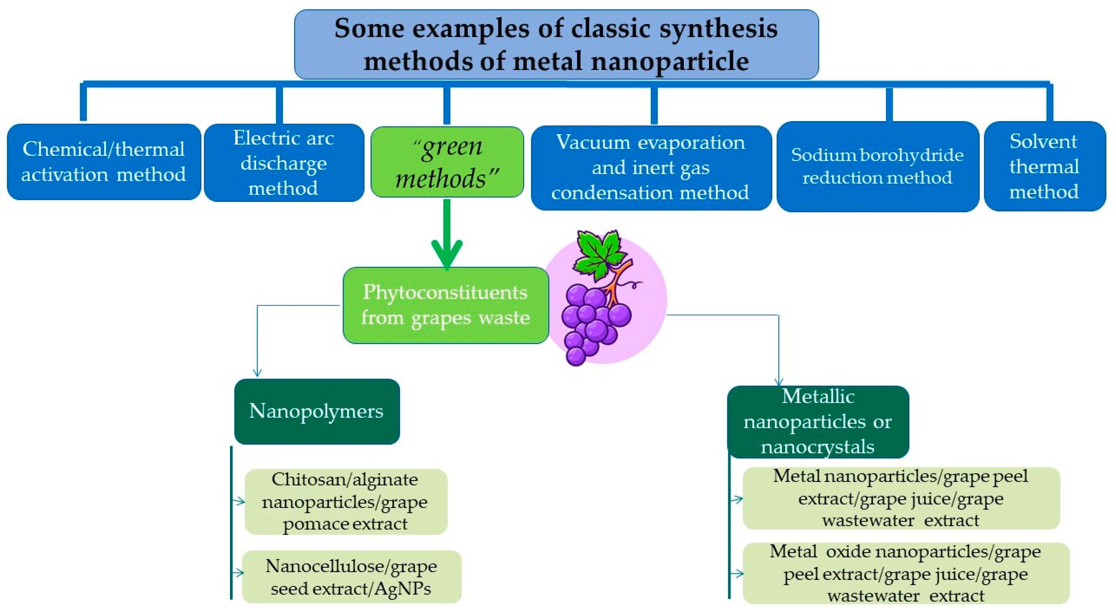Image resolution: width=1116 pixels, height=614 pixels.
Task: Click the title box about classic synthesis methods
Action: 556,44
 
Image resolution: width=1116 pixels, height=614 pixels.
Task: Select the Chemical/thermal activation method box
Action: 104,162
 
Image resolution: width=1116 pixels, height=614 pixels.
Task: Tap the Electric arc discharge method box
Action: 284,163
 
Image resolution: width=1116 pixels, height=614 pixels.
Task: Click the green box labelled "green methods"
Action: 447,162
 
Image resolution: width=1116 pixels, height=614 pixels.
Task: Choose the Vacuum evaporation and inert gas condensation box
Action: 651,168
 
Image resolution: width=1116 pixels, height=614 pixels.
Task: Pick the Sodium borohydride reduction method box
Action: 877,167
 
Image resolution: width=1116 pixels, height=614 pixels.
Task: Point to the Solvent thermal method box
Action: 1045,166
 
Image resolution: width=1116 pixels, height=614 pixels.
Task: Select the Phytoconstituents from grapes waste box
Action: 445,305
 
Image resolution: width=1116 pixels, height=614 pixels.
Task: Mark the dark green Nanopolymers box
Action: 317,411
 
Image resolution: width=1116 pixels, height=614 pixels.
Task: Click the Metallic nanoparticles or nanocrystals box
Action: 817,422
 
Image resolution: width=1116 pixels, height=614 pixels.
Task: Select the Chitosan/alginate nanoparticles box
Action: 346,501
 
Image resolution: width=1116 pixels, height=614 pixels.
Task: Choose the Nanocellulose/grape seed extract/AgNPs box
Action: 352,577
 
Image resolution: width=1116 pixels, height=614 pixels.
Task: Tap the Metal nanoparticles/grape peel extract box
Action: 901,498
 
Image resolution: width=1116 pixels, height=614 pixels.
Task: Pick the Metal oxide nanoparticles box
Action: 906,573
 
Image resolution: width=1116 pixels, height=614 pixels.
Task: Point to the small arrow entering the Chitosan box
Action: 239,501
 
